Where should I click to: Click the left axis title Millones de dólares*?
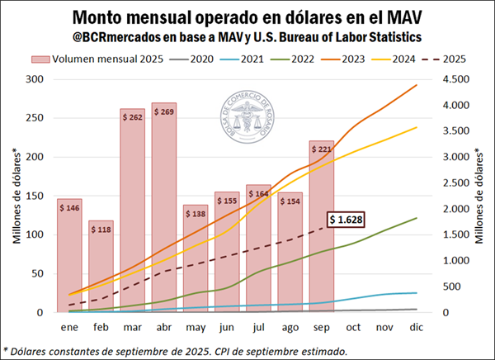[x=17, y=197]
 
